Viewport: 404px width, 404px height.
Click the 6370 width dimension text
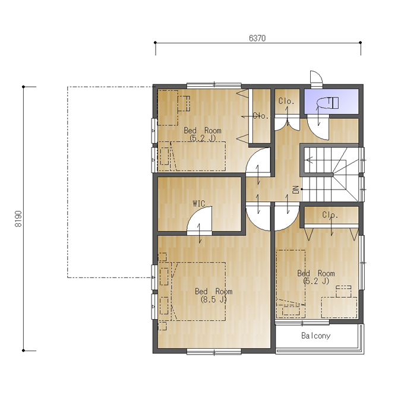pyautogui.click(x=257, y=38)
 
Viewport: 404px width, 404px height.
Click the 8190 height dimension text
pyautogui.click(x=18, y=219)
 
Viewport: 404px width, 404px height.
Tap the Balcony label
pyautogui.click(x=316, y=336)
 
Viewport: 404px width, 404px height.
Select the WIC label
pyautogui.click(x=199, y=204)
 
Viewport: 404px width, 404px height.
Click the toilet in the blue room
pyautogui.click(x=328, y=103)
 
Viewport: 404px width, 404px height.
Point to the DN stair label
pyautogui.click(x=296, y=190)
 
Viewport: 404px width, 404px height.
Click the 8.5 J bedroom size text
pyautogui.click(x=214, y=299)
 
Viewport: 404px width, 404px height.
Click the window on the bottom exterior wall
pyautogui.click(x=214, y=352)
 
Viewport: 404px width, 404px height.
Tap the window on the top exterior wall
pyautogui.click(x=214, y=86)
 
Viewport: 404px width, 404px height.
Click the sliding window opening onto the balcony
pyautogui.click(x=302, y=323)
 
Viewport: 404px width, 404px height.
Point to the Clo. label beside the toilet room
pyautogui.click(x=286, y=101)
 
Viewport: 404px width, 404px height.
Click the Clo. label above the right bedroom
pyautogui.click(x=330, y=214)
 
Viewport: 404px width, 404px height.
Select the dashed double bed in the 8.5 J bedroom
pyautogui.click(x=198, y=291)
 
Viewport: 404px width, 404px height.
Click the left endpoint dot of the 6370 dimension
pyautogui.click(x=155, y=43)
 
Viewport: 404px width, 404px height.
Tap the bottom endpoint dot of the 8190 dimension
pyautogui.click(x=23, y=351)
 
